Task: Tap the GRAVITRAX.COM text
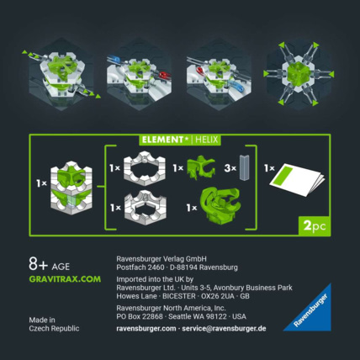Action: click(x=65, y=278)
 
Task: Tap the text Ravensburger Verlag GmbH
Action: click(x=160, y=258)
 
